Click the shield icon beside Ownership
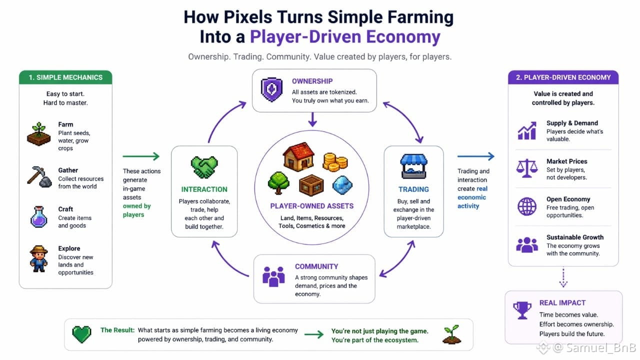tap(271, 89)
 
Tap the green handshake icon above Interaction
tap(204, 167)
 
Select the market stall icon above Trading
tap(413, 166)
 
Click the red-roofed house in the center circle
tap(298, 156)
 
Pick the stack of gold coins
tap(335, 162)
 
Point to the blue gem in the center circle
tap(342, 185)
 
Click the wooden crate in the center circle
tap(311, 185)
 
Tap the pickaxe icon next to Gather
tap(39, 176)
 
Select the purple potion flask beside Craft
tap(39, 217)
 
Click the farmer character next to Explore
tap(38, 259)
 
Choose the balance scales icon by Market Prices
tap(527, 168)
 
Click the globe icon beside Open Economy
tap(527, 206)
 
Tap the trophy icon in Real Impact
tap(522, 310)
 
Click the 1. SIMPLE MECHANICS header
tap(65, 77)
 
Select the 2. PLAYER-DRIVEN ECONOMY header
tap(563, 77)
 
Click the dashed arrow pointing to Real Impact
tap(563, 277)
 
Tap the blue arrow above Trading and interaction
tap(475, 156)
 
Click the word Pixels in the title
tap(248, 17)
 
